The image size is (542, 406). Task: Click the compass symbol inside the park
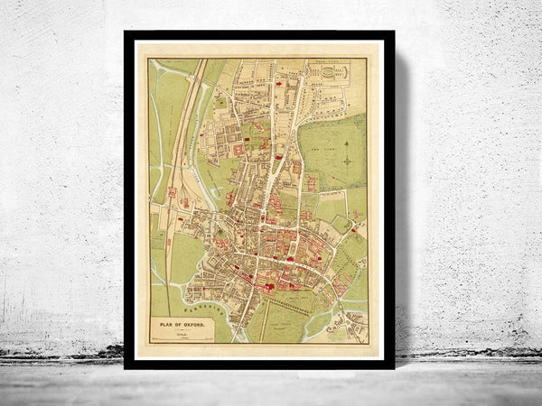click(x=347, y=161)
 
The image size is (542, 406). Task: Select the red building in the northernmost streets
click(x=280, y=83)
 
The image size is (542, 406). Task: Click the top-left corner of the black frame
click(x=126, y=33)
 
